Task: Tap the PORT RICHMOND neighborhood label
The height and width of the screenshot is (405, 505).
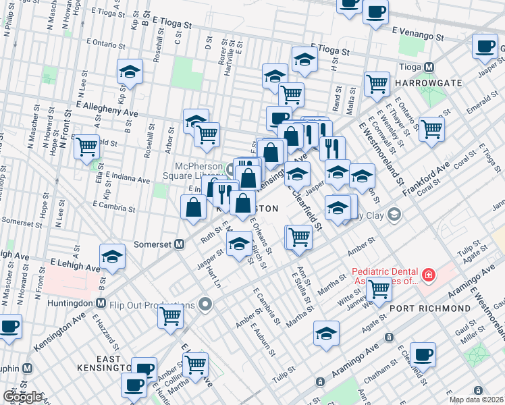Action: pyautogui.click(x=429, y=308)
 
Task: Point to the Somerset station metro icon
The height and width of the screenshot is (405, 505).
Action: pyautogui.click(x=180, y=244)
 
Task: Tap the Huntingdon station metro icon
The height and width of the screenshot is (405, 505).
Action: pyautogui.click(x=101, y=302)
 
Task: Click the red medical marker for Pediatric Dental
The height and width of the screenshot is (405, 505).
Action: pyautogui.click(x=427, y=275)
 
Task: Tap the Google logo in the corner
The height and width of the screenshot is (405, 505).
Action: pyautogui.click(x=22, y=397)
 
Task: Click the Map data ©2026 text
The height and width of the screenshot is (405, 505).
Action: pyautogui.click(x=476, y=399)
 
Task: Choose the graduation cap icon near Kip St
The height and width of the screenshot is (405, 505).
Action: pyautogui.click(x=130, y=71)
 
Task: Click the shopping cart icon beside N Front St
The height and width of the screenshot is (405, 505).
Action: pyautogui.click(x=87, y=145)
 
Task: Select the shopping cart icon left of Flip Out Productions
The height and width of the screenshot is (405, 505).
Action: pyautogui.click(x=171, y=315)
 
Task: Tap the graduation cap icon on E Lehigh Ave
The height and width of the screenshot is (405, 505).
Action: pyautogui.click(x=112, y=256)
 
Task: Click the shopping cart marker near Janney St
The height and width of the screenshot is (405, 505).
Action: pyautogui.click(x=379, y=289)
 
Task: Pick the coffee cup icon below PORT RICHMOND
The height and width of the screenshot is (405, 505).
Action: pyautogui.click(x=423, y=353)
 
